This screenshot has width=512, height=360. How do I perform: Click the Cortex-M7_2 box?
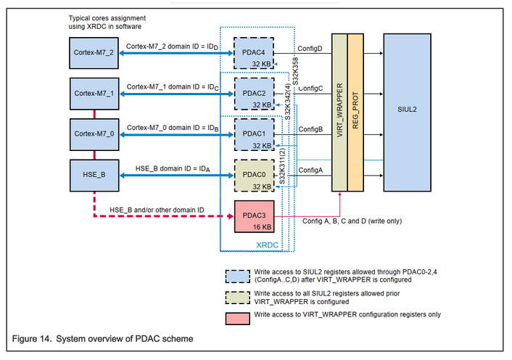94,53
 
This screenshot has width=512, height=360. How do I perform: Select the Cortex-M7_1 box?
94,93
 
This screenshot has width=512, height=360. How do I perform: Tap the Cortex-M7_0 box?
94,134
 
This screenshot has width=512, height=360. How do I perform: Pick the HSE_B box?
94,174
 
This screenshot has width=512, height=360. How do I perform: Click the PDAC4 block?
254,53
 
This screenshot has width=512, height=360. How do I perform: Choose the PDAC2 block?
254,93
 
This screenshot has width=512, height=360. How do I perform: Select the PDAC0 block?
254,174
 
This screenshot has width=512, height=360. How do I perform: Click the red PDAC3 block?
254,216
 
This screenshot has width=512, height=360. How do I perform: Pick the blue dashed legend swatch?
236,274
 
